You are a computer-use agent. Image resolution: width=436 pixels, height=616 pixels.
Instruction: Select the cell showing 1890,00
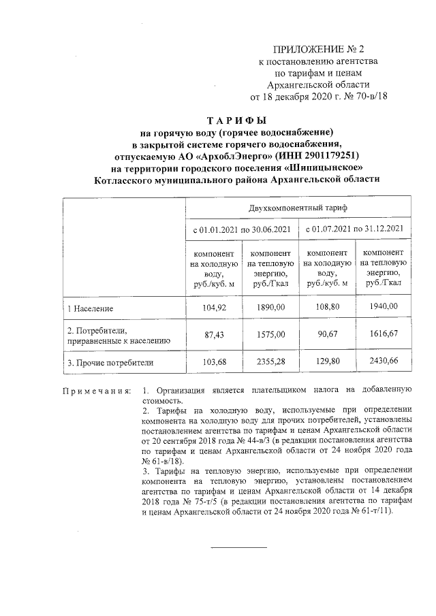(x=270, y=308)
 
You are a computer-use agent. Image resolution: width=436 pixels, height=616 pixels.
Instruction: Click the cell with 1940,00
(x=383, y=308)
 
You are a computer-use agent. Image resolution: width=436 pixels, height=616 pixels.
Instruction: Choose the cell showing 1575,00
(x=270, y=335)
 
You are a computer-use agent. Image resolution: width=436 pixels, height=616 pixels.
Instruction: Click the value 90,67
(x=327, y=335)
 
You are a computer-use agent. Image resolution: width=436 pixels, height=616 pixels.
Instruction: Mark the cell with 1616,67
(x=383, y=335)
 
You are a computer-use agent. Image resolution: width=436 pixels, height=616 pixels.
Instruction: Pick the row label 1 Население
(x=89, y=309)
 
